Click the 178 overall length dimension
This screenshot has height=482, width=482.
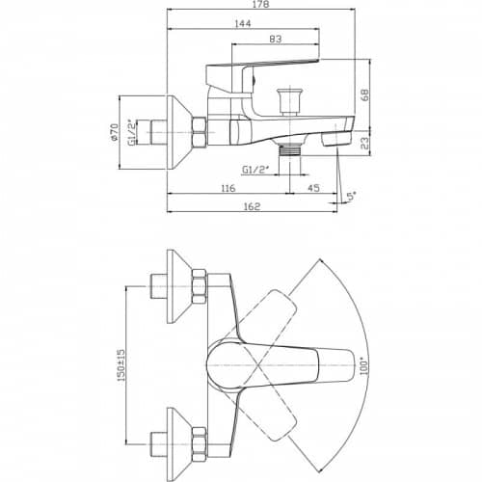261,4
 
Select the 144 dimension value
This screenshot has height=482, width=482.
243,23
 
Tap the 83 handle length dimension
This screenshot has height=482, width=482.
276,39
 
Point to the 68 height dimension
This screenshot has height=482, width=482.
365,94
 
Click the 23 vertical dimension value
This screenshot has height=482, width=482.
365,144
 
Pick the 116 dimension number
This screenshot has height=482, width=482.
228,188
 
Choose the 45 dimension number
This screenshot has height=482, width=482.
313,188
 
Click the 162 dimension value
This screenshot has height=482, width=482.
252,206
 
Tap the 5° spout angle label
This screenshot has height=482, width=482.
352,196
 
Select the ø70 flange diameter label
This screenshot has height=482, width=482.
114,132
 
